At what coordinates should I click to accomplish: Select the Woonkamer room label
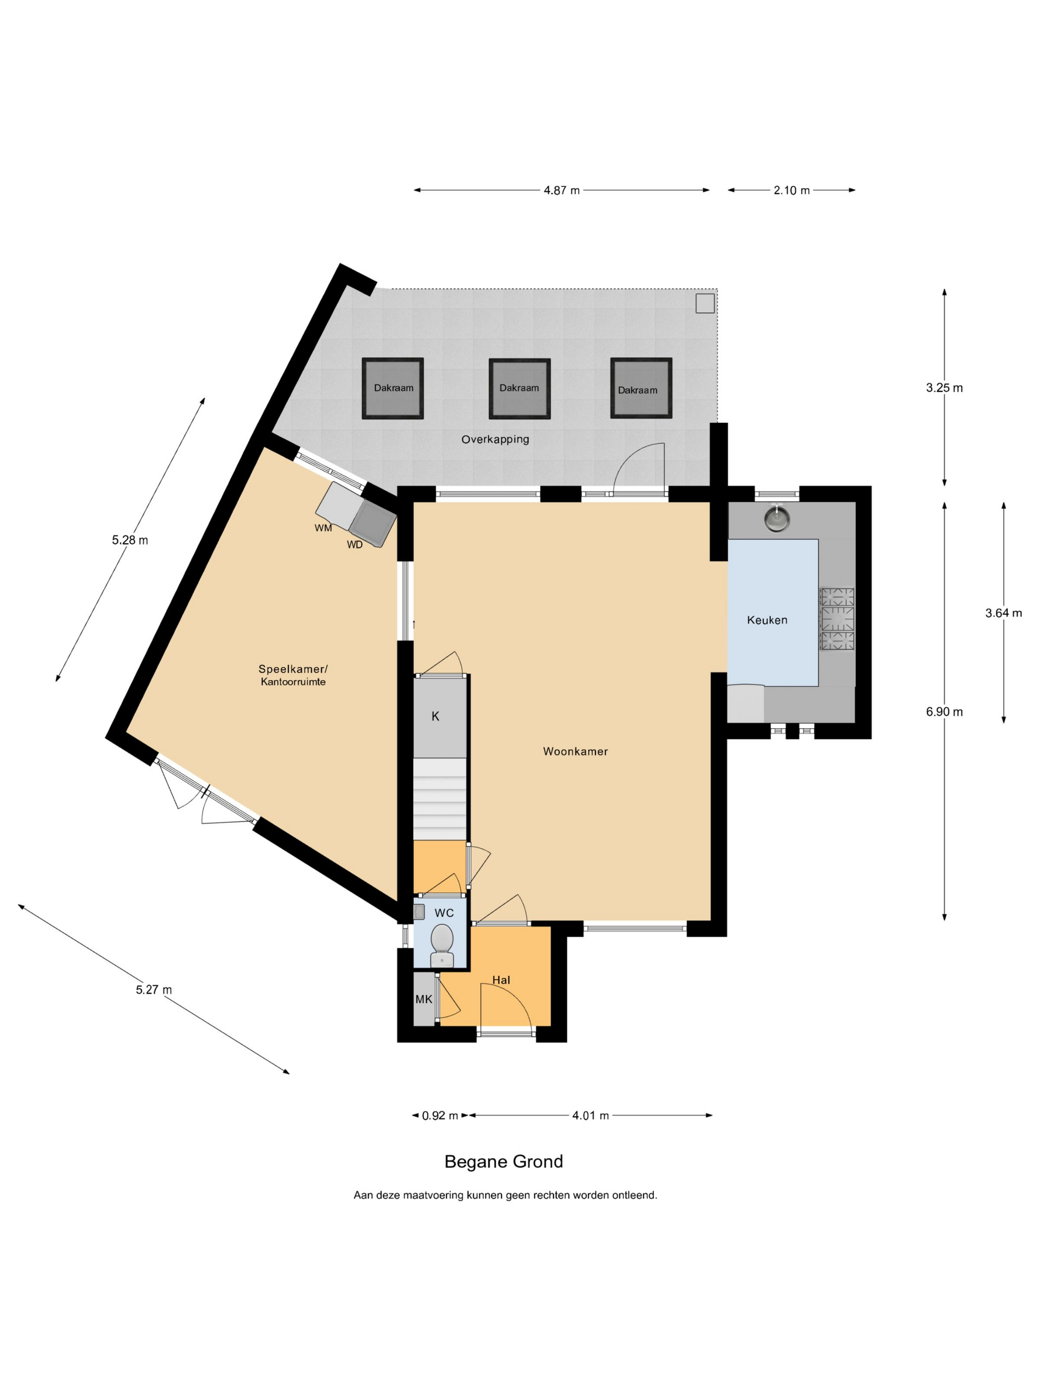pyautogui.click(x=575, y=751)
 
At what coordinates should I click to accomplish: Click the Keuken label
pyautogui.click(x=767, y=620)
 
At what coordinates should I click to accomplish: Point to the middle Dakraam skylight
pyautogui.click(x=519, y=388)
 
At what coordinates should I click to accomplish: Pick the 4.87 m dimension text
pyautogui.click(x=561, y=190)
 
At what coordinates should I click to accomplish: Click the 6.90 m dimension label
pyautogui.click(x=944, y=712)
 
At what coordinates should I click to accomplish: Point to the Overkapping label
pyautogui.click(x=495, y=439)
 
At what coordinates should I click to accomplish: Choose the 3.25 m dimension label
pyautogui.click(x=944, y=387)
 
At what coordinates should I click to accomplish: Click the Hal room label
pyautogui.click(x=501, y=980)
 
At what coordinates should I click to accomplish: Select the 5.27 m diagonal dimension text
pyautogui.click(x=154, y=989)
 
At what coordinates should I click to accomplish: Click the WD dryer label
pyautogui.click(x=355, y=545)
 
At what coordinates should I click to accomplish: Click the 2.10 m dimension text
pyautogui.click(x=791, y=190)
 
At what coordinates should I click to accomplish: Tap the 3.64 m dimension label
pyautogui.click(x=1003, y=613)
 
